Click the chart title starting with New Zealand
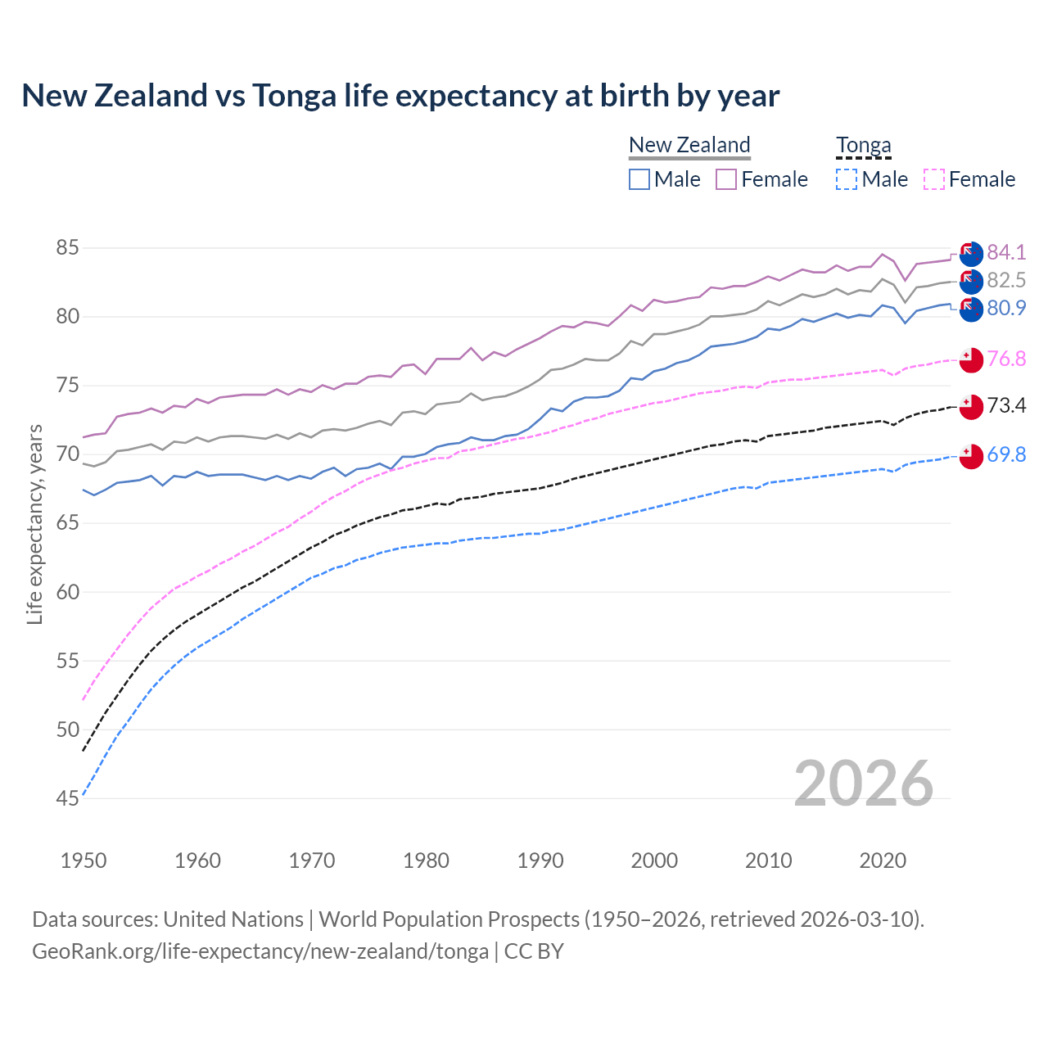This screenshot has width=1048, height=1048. [400, 96]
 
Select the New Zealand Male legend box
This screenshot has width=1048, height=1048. [639, 179]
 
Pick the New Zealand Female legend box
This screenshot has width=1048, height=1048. [726, 179]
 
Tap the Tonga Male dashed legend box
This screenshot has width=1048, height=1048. [847, 179]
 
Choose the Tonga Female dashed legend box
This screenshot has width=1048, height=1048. [934, 179]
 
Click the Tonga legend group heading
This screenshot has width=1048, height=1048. [863, 146]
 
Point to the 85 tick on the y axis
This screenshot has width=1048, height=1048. [67, 247]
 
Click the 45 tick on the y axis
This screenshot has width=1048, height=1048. [67, 798]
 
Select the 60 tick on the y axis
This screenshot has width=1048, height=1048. [67, 592]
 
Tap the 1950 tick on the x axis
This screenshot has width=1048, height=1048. [84, 861]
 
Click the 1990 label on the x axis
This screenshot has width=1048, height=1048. [540, 861]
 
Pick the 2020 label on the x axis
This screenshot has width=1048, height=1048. [883, 861]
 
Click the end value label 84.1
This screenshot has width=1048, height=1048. [1006, 252]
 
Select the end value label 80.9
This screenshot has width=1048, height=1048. [1006, 308]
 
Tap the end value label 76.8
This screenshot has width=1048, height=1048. [1006, 359]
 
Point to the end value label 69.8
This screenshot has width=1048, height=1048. [1006, 454]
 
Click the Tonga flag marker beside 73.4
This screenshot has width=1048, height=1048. [971, 407]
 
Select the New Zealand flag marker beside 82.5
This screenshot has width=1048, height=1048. [971, 281]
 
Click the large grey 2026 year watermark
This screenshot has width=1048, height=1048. [863, 784]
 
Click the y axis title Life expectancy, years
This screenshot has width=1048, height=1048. [34, 524]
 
